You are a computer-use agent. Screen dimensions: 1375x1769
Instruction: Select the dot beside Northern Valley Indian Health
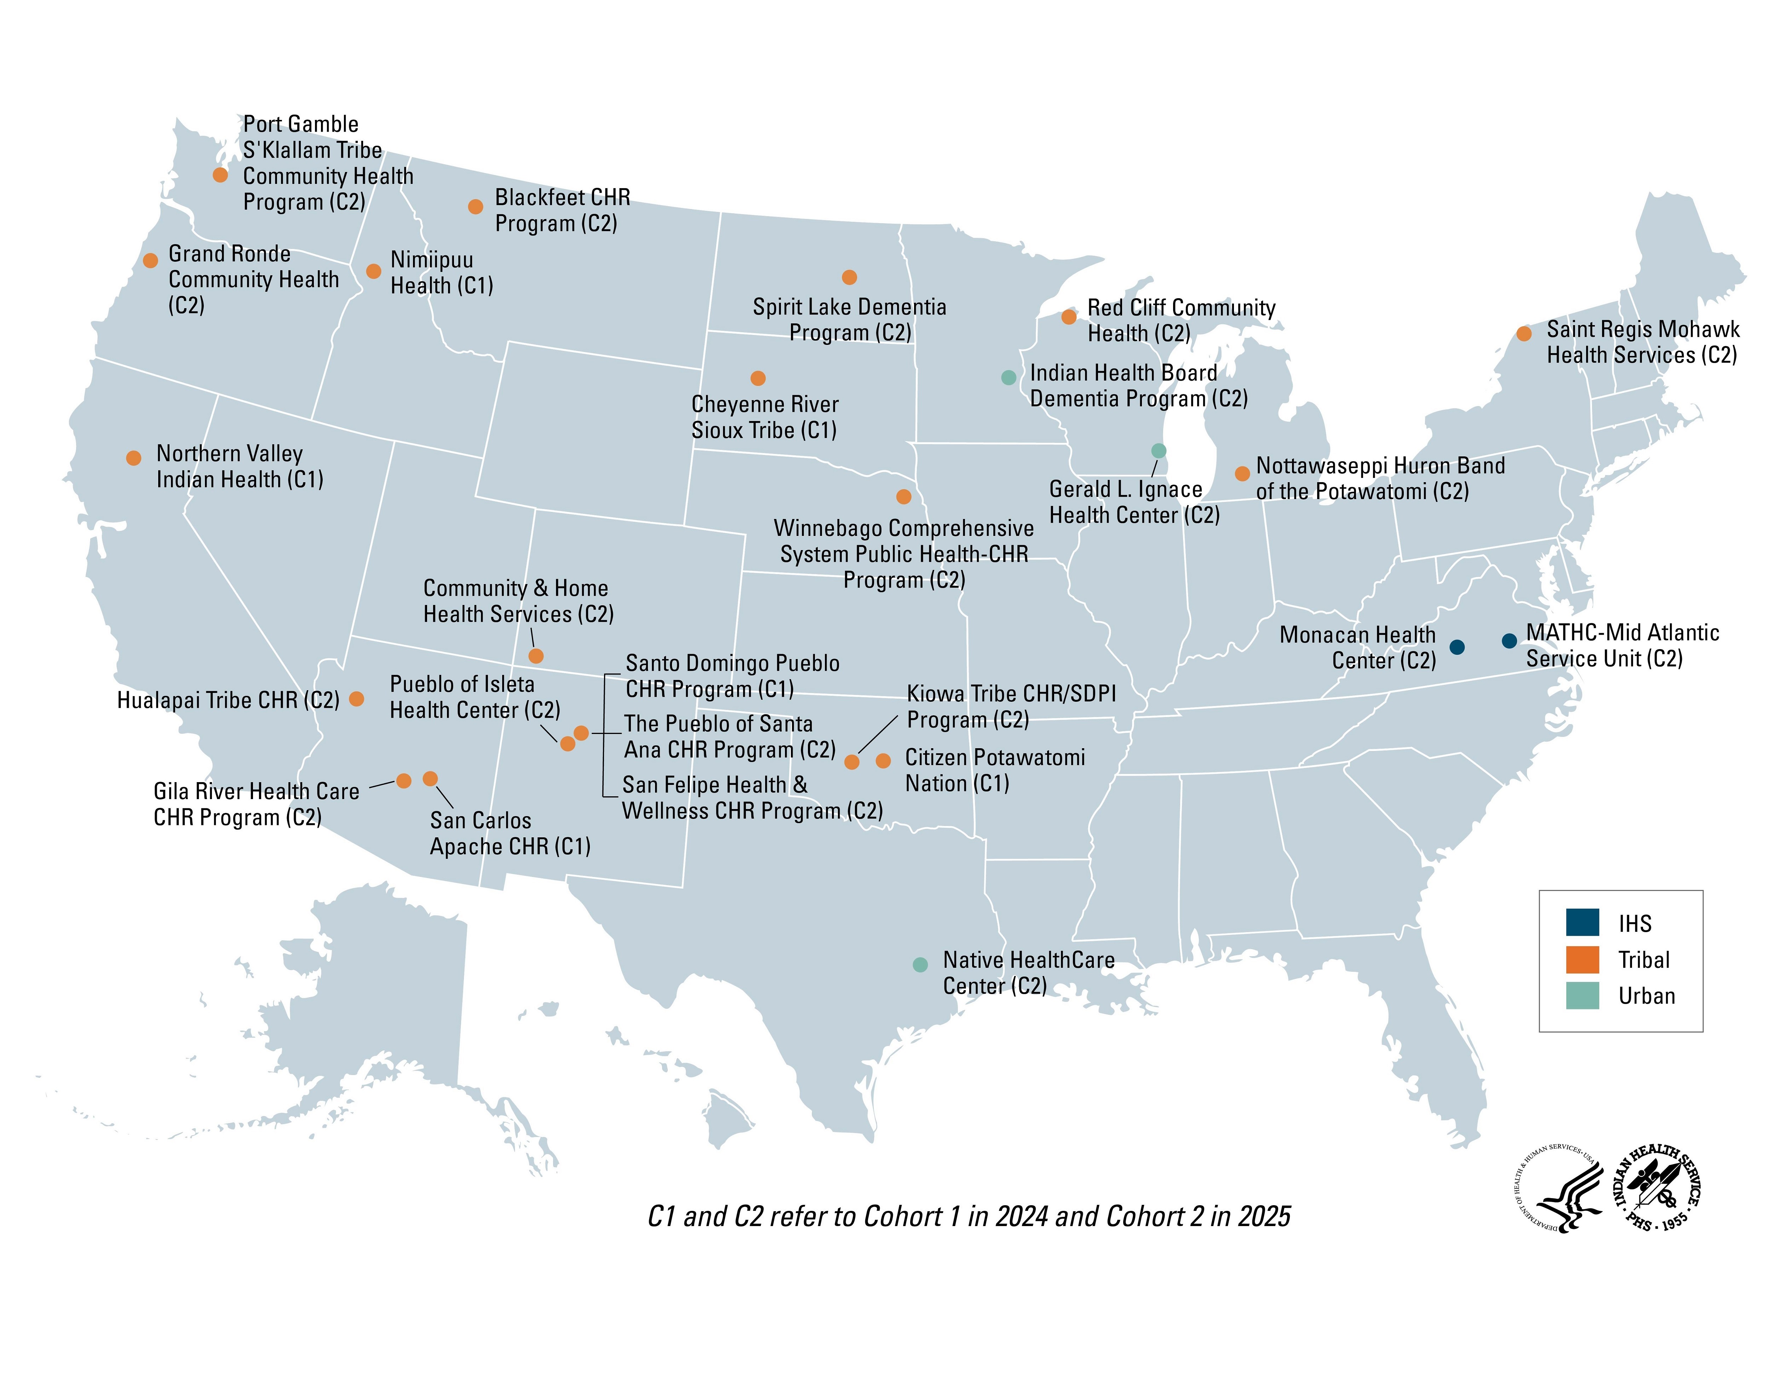tap(134, 458)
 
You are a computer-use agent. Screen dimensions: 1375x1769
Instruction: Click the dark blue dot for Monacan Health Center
tap(1456, 647)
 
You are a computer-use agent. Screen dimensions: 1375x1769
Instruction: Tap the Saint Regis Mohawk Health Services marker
tap(1523, 334)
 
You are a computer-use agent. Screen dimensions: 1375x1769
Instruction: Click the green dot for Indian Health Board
tap(1009, 377)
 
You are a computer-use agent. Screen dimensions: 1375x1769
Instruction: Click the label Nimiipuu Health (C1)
tap(441, 273)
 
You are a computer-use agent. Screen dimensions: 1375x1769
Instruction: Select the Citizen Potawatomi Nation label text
tap(995, 770)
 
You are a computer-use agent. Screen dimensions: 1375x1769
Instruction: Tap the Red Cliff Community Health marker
tap(1069, 317)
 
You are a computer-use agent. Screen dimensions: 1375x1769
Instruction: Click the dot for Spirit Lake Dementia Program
tap(849, 278)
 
